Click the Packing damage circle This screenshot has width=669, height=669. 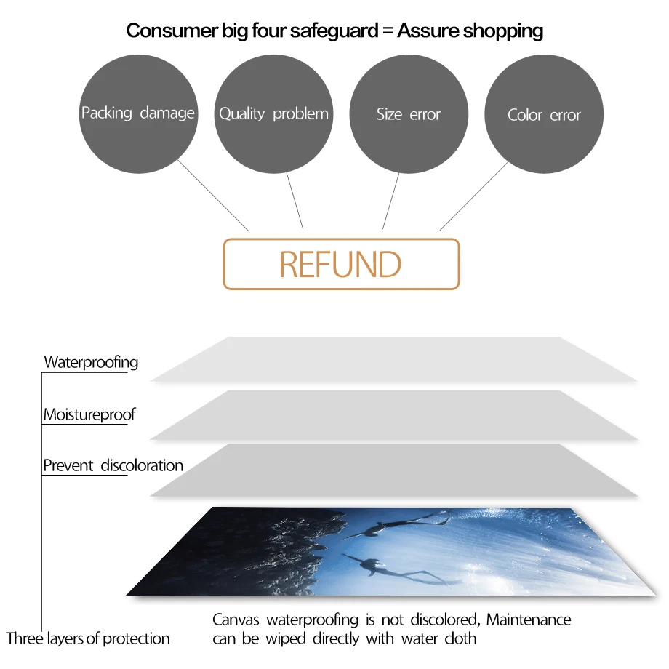click(x=138, y=114)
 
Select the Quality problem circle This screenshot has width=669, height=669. click(x=273, y=114)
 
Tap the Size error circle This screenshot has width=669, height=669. click(x=409, y=114)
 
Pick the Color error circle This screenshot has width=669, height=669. click(x=544, y=115)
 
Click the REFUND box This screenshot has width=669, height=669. click(x=341, y=265)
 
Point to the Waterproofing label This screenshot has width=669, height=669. click(x=91, y=362)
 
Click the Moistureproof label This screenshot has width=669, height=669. click(x=89, y=415)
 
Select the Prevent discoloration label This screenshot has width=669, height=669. click(x=113, y=465)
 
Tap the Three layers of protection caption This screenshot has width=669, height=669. click(x=88, y=639)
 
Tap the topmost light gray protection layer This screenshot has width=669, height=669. click(x=393, y=360)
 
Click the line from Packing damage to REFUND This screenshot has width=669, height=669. click(x=213, y=195)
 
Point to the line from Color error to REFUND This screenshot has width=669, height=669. click(x=474, y=195)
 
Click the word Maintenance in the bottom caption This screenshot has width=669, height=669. click(x=529, y=620)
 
